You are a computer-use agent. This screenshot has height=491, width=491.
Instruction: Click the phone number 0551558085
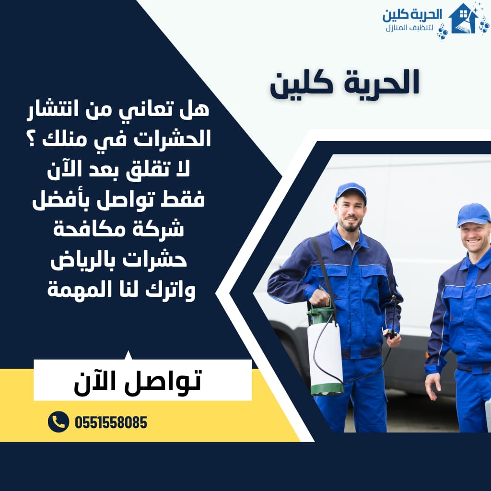111,422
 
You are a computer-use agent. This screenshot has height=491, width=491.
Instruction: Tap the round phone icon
58,422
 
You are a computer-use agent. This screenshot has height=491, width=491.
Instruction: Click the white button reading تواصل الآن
142,380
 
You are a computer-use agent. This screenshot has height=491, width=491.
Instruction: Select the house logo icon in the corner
463,20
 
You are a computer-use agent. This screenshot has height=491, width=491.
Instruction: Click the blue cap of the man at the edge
473,214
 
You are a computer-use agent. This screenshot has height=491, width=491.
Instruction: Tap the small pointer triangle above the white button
128,355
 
